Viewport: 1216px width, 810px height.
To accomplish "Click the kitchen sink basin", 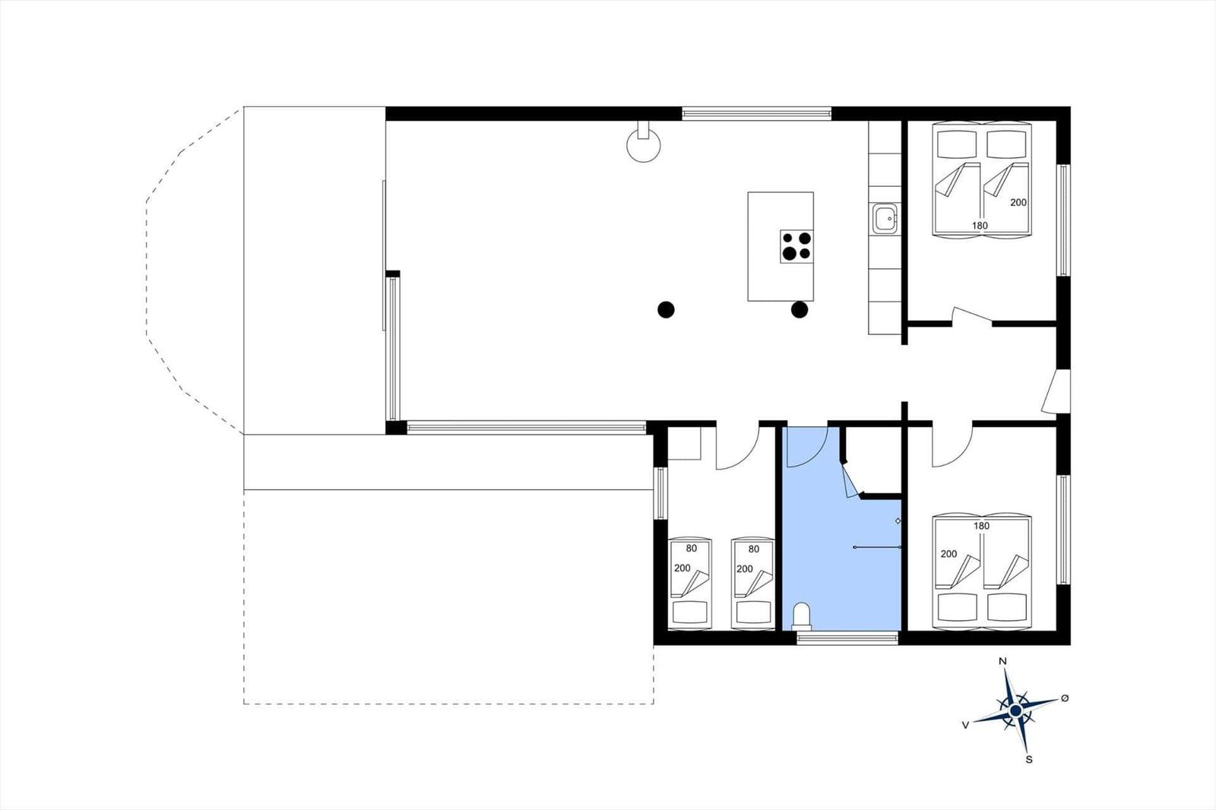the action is click(885, 219).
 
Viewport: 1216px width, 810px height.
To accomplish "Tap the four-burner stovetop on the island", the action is click(797, 246).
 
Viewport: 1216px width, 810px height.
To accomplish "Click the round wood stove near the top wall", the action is click(644, 144).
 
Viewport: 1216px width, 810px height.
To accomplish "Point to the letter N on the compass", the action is click(1002, 661).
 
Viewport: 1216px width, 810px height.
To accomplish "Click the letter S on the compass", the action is click(1029, 760).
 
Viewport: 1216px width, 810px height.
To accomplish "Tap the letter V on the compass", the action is click(965, 726).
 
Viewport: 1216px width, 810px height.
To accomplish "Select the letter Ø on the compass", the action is click(1065, 698).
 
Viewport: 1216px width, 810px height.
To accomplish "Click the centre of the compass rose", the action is click(1015, 710).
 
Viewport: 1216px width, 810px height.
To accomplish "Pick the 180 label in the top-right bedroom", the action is click(980, 226).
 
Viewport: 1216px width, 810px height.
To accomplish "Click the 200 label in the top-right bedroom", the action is click(1018, 202).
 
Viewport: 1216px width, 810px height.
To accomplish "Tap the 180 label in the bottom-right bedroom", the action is click(981, 526).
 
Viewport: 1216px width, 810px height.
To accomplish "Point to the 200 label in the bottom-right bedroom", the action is click(949, 554).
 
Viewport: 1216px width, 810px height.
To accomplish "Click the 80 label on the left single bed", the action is click(691, 549).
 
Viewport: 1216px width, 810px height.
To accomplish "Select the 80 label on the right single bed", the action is click(753, 549).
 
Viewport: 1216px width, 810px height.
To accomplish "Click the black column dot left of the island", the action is click(666, 310).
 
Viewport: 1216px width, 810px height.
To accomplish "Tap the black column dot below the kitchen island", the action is click(800, 310).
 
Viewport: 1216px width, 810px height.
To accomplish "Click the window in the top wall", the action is click(757, 114).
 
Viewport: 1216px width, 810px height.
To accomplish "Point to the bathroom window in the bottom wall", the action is click(847, 638).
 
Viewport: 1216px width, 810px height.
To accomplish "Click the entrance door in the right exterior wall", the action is click(1056, 391).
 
